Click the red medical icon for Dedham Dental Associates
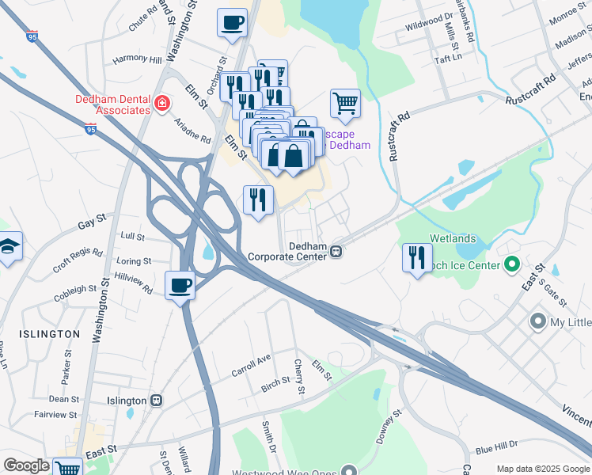click(162, 103)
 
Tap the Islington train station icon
click(157, 401)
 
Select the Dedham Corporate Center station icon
click(336, 252)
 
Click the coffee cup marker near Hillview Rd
click(180, 284)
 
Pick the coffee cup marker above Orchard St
click(232, 22)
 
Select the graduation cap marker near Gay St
click(9, 246)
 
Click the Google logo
click(26, 465)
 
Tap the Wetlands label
click(452, 237)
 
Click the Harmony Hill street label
click(136, 59)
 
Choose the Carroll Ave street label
click(250, 363)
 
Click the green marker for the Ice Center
click(511, 264)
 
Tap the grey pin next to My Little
click(538, 321)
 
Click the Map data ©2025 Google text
click(543, 468)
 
